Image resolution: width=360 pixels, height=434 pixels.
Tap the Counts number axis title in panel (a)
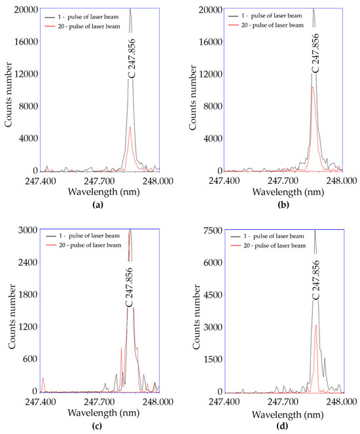click(x=9, y=90)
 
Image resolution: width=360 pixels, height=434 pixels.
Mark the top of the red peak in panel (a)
click(x=130, y=127)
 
